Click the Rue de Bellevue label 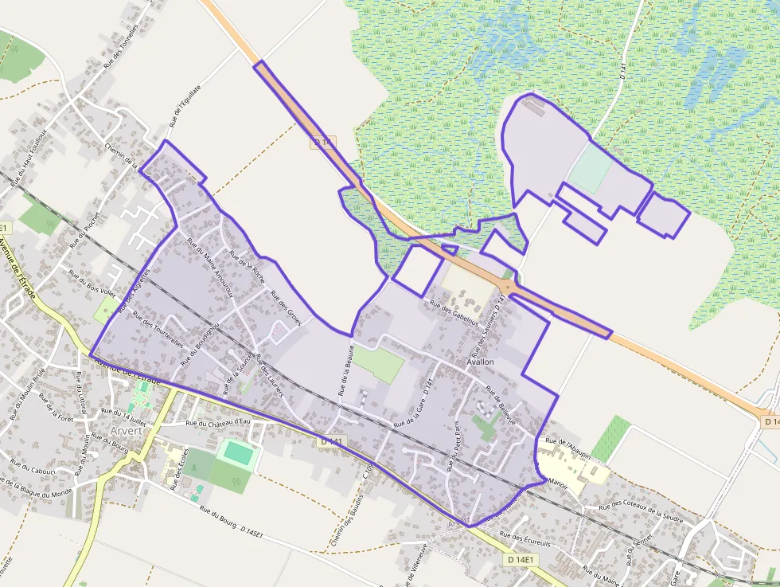pyautogui.click(x=501, y=405)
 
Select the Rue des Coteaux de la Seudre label pyautogui.click(x=642, y=512)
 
